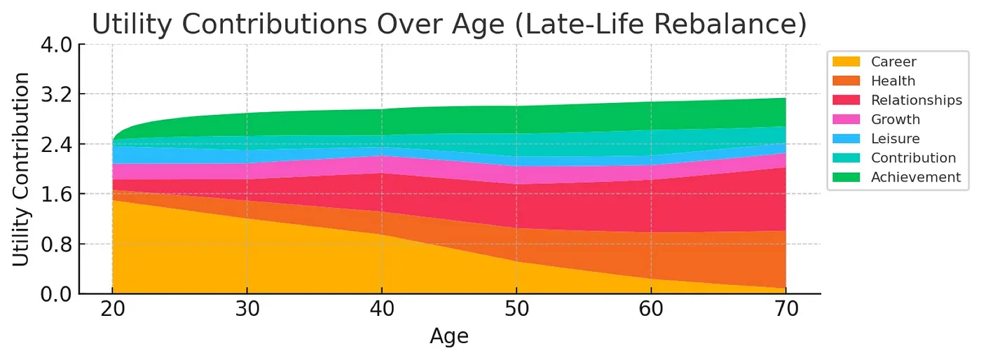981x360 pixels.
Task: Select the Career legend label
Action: (x=893, y=62)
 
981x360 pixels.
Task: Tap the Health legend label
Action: (x=893, y=81)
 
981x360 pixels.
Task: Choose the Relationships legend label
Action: (x=916, y=100)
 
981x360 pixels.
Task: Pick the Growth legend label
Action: (x=895, y=120)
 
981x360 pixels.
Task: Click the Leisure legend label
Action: (x=895, y=139)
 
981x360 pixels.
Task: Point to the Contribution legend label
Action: (x=913, y=158)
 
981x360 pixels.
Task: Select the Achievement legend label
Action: (x=915, y=177)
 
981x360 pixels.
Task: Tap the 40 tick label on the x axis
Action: (x=382, y=310)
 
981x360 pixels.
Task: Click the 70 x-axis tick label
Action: (x=786, y=310)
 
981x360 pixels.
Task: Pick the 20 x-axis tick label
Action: (x=112, y=310)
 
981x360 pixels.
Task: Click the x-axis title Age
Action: (x=449, y=337)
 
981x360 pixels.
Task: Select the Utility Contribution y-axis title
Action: (x=22, y=169)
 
